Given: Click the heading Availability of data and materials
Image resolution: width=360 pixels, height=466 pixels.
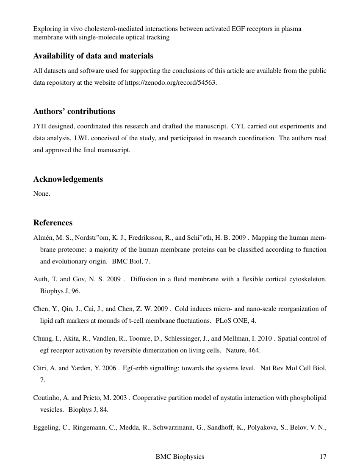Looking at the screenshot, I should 93,56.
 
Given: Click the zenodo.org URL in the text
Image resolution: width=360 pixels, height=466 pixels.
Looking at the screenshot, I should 171,83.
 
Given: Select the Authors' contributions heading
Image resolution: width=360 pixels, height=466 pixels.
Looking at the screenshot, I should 74,111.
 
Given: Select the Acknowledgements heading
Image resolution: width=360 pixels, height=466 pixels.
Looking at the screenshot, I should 68,179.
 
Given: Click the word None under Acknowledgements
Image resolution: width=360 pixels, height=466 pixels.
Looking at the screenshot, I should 42,194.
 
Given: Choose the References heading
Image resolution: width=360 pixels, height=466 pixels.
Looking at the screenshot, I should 53,223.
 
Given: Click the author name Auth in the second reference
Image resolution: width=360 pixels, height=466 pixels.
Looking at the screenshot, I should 40,279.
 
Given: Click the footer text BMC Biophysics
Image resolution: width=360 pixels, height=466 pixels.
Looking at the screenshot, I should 180,457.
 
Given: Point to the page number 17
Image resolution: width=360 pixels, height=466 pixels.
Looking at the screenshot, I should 323,457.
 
